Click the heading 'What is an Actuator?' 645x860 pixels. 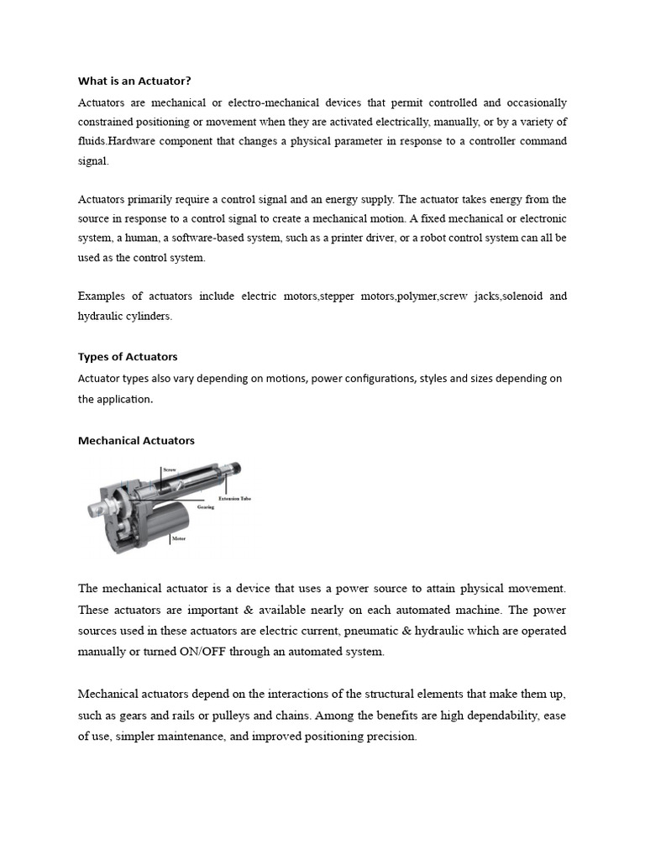pos(134,81)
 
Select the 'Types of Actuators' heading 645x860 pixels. pos(128,356)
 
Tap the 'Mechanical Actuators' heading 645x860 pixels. pos(136,440)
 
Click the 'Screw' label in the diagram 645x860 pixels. pos(169,470)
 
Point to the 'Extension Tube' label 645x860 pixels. pos(234,499)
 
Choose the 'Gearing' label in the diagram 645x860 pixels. pos(205,507)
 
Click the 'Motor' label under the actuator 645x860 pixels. pos(179,537)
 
